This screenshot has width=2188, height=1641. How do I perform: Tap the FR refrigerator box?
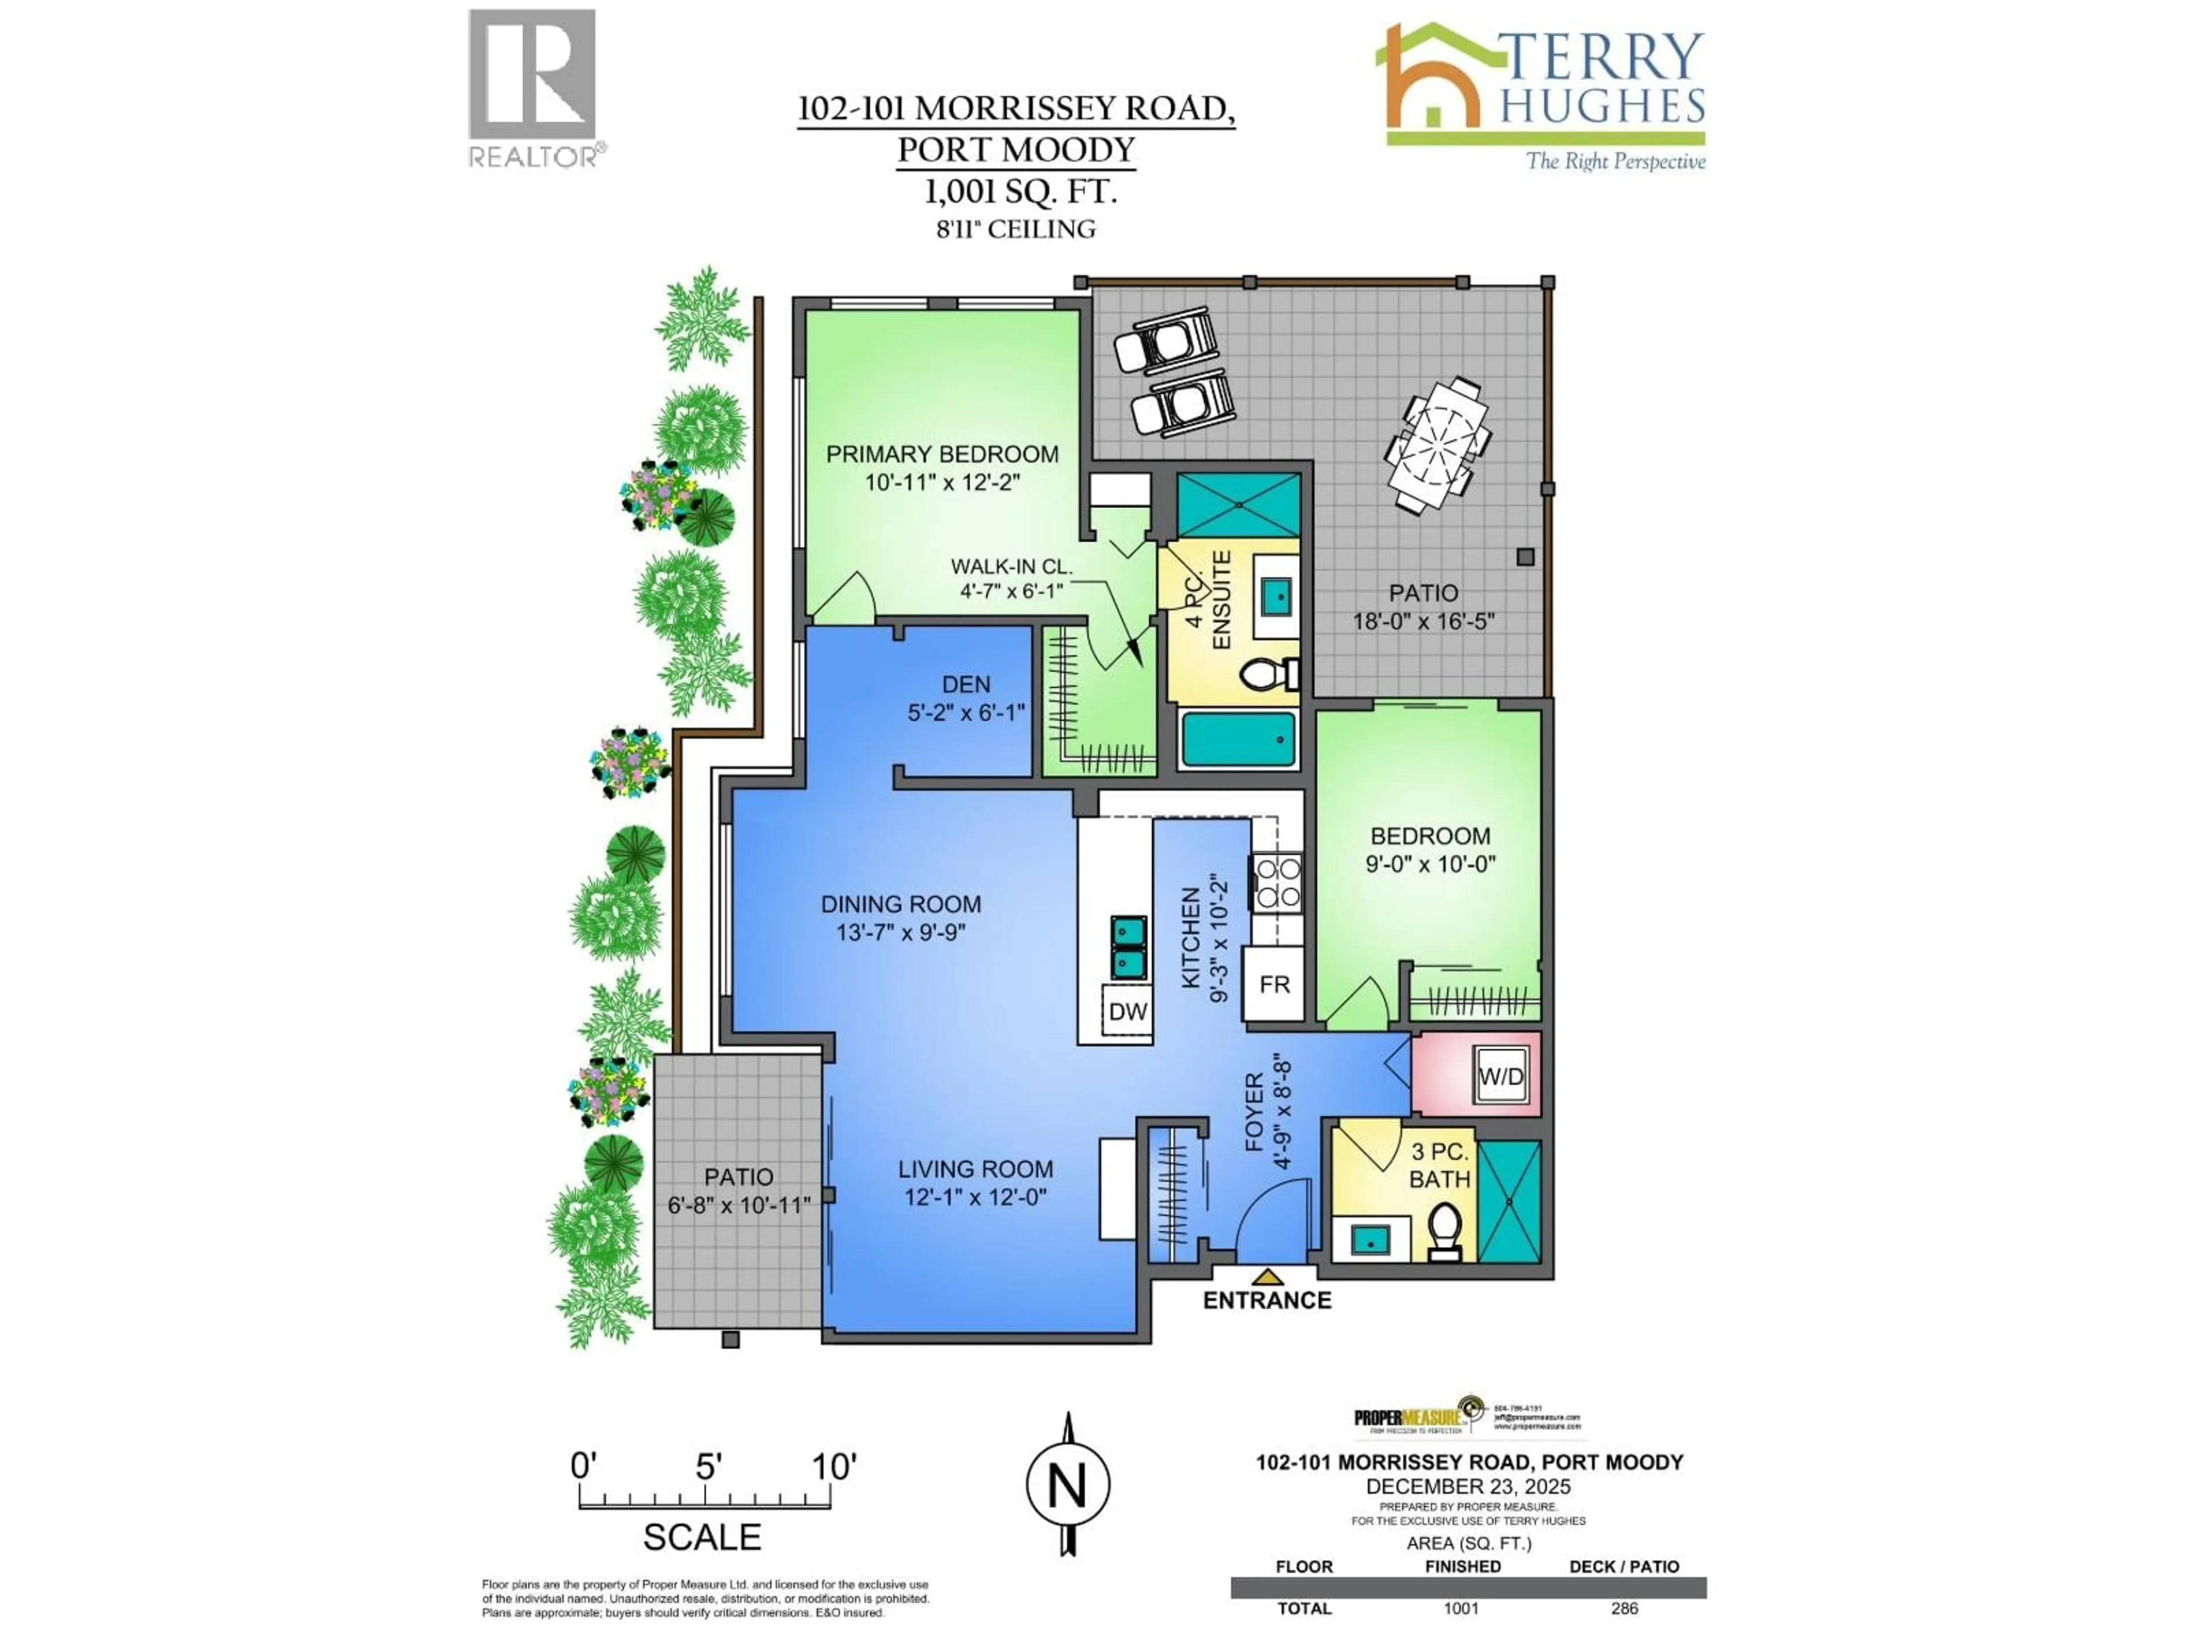pos(1274,985)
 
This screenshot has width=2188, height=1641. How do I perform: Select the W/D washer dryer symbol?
pos(1500,1076)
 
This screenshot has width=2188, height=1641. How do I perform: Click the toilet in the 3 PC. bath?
pos(1445,1230)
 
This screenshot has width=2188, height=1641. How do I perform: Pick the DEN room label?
pos(965,684)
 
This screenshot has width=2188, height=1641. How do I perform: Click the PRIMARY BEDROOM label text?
pos(942,454)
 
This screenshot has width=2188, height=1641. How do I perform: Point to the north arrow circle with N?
pos(1067,1485)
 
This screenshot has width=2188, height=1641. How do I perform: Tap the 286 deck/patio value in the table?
pos(1624,1609)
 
